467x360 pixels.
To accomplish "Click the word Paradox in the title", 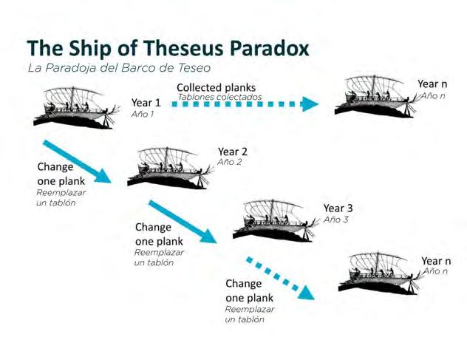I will point(267,49).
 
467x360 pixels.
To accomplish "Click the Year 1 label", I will point(146,102).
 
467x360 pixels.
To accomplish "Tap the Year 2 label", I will point(232,152).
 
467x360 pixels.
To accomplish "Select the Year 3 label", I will point(338,208).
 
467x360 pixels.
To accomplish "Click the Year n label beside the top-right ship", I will point(433,84).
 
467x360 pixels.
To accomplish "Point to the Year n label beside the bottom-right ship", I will point(436,261).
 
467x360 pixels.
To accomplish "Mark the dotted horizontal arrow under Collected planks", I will point(245,104).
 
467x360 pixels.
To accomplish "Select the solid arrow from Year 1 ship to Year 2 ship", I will point(77,161).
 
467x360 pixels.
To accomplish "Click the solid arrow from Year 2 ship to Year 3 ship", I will point(183,221).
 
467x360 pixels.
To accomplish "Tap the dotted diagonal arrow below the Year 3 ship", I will point(280,278).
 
